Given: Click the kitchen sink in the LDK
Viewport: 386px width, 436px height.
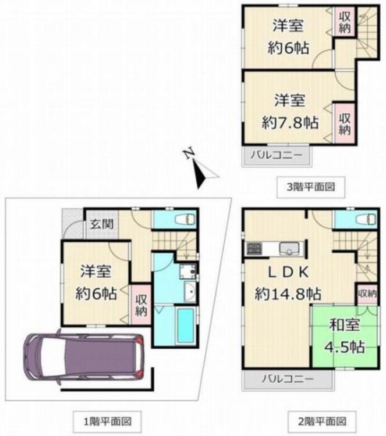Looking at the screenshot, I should tap(289, 249).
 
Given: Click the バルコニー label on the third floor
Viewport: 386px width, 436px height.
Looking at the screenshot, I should tap(275, 155).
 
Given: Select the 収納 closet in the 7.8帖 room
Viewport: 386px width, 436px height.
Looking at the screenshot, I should tap(345, 121).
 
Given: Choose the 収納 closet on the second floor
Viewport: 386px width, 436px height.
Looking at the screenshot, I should tap(367, 294).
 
